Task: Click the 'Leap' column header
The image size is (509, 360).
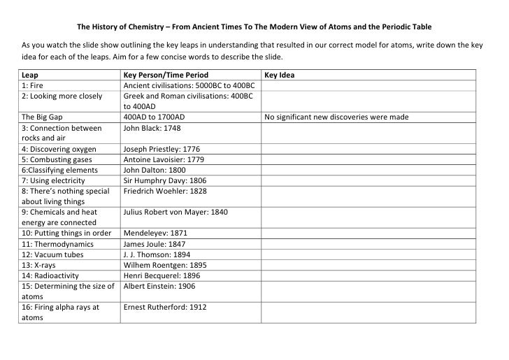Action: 30,74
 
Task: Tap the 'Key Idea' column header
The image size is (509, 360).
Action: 280,74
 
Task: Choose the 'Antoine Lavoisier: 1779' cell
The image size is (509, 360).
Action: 163,159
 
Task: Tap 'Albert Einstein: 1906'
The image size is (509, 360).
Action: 159,285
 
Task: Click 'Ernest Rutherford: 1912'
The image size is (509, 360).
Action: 165,306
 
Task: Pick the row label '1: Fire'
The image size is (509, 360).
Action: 33,85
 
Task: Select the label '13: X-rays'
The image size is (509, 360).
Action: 43,264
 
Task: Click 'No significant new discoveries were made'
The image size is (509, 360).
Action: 336,117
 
